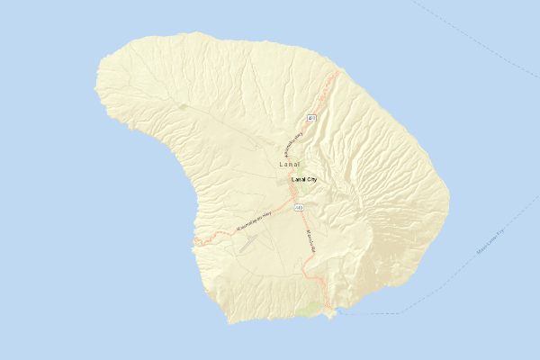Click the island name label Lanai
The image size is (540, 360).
289,166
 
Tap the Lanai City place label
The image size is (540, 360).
304,180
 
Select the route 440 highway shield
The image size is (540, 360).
298,208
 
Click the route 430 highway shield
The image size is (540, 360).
311,118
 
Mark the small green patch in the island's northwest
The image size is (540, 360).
184,107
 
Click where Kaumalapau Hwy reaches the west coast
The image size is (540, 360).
194,241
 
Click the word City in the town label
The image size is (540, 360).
312,180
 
